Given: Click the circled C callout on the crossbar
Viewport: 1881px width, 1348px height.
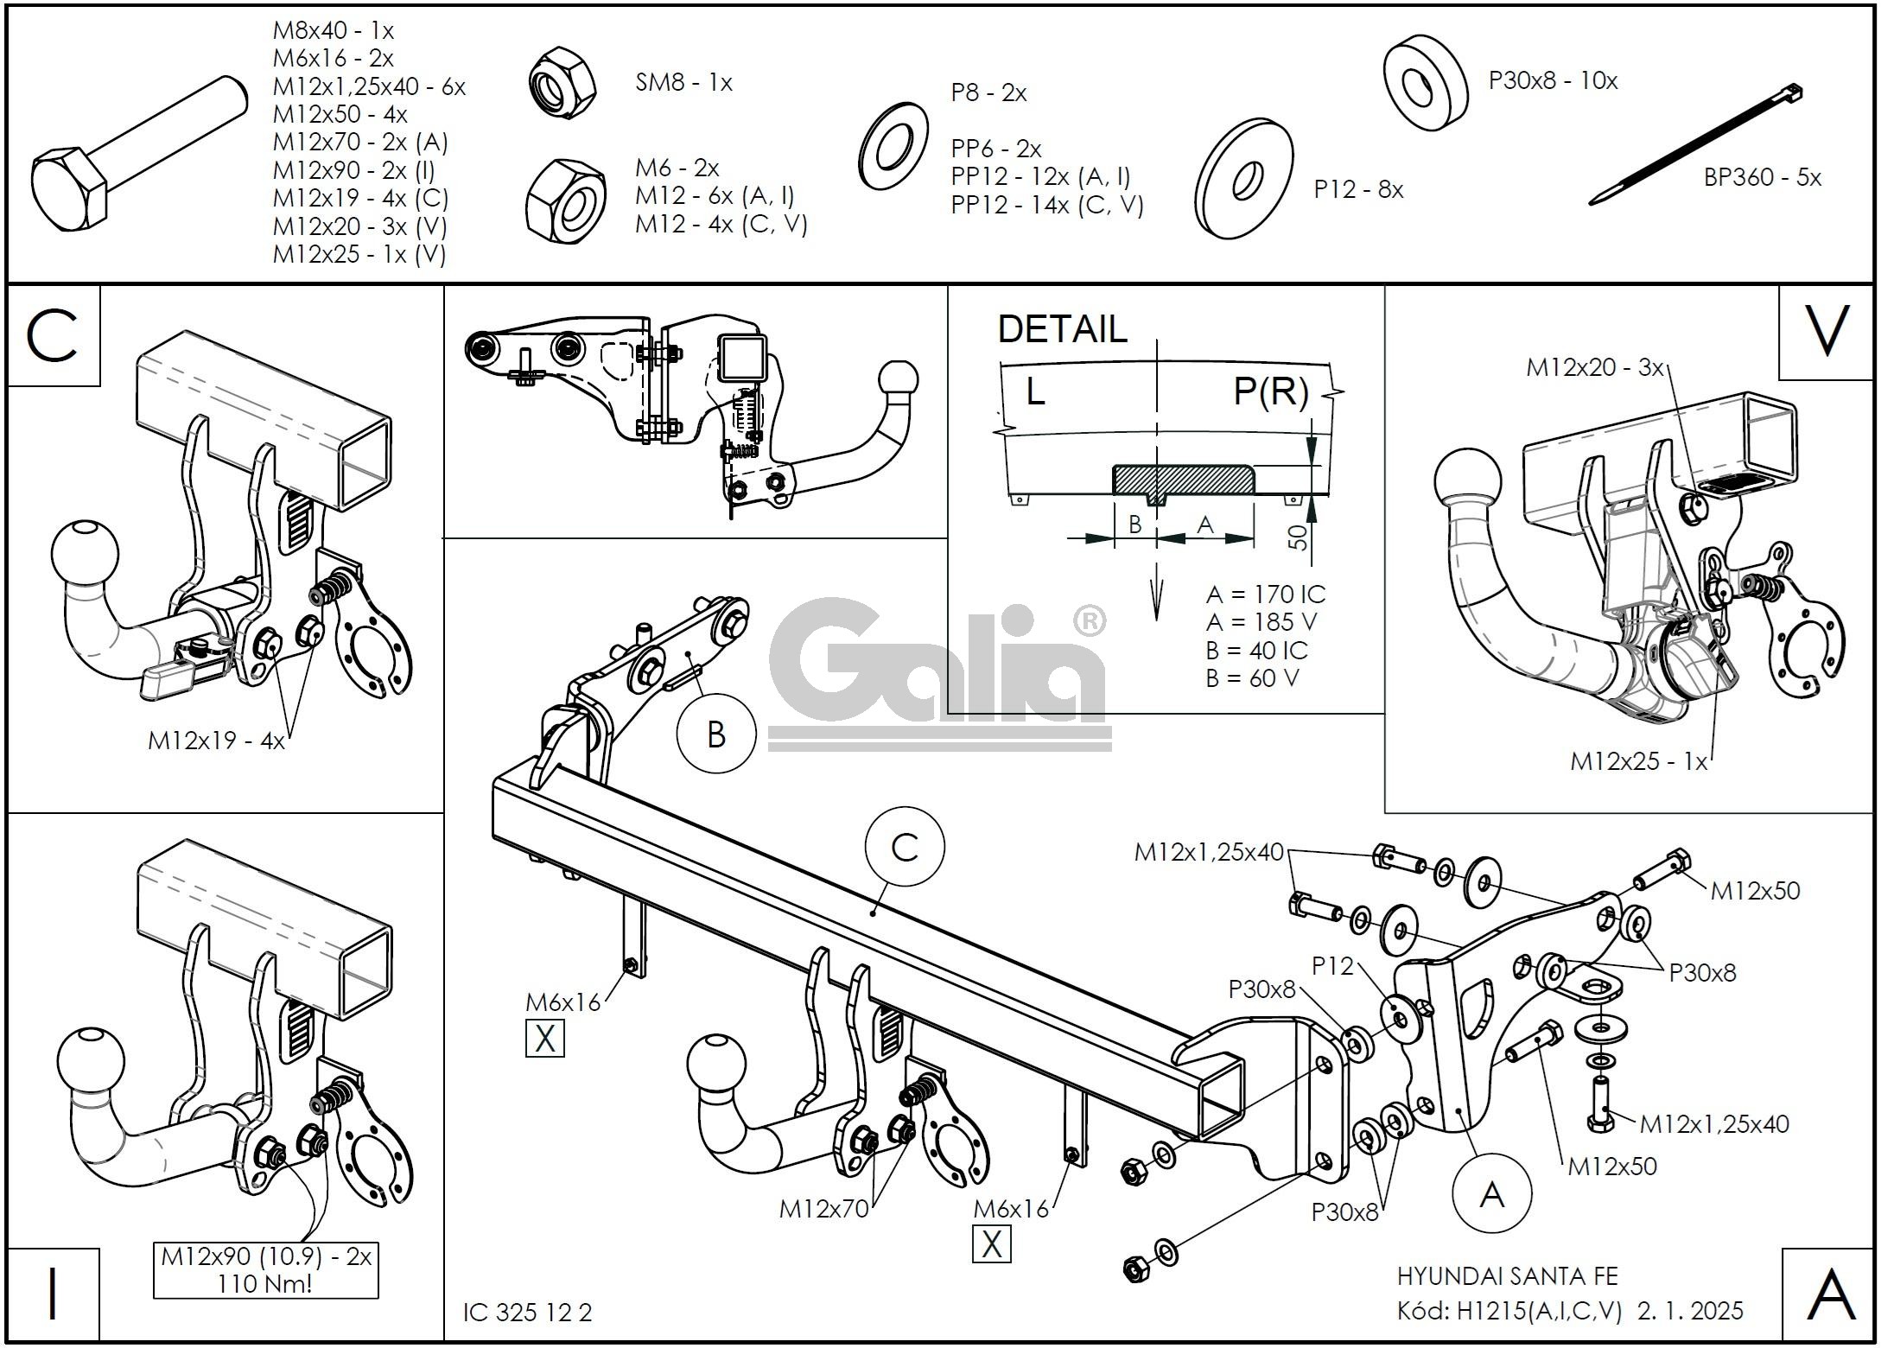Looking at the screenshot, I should click(x=905, y=847).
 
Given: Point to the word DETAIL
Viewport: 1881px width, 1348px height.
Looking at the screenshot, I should click(x=1062, y=329).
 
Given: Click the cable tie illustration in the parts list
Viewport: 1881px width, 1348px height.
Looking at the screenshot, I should click(x=1695, y=144).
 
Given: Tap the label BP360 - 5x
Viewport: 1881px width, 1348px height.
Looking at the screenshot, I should click(x=1762, y=177).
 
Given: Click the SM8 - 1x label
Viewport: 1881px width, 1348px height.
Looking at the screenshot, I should click(x=683, y=83).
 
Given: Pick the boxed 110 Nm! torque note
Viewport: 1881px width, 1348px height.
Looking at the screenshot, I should click(x=266, y=1269).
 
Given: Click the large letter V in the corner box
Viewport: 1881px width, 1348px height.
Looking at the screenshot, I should click(x=1827, y=332).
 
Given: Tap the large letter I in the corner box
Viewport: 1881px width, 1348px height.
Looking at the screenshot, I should click(x=53, y=1294).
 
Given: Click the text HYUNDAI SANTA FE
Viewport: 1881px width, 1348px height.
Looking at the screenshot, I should click(x=1507, y=1275).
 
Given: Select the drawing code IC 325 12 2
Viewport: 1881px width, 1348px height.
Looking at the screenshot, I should click(x=527, y=1313).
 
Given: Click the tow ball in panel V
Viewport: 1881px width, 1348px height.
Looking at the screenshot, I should click(x=1467, y=483).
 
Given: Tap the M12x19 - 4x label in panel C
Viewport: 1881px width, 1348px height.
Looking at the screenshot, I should click(x=216, y=741).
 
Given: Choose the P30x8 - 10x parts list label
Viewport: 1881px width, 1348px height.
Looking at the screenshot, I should click(x=1553, y=81).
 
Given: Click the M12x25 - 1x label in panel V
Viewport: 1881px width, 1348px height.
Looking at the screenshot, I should click(x=1638, y=761).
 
